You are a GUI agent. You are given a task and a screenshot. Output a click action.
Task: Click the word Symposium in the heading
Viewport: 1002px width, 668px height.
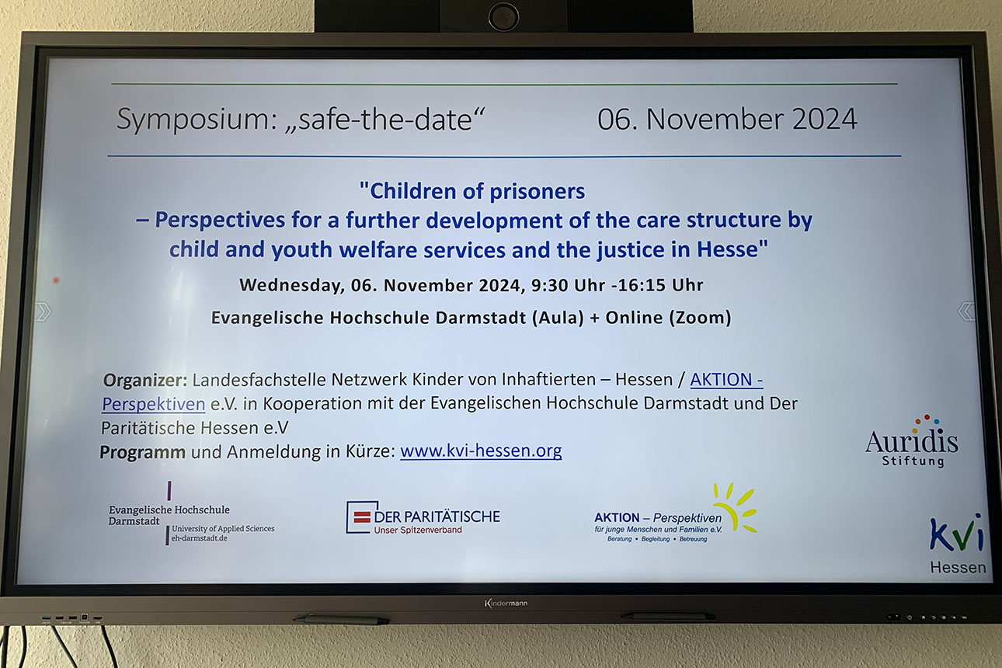click(x=197, y=120)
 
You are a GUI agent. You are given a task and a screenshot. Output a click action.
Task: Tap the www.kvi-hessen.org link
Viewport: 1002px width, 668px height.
click(x=481, y=451)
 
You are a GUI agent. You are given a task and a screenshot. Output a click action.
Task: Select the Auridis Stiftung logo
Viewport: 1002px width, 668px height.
click(x=912, y=441)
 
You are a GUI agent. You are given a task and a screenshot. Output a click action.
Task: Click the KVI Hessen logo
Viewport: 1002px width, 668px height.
click(x=958, y=544)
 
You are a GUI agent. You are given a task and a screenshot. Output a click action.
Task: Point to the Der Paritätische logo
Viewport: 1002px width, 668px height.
click(x=423, y=517)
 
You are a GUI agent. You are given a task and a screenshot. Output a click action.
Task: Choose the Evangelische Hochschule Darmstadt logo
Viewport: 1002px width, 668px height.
click(x=191, y=513)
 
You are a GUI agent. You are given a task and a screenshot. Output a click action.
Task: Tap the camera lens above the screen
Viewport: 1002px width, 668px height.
click(x=503, y=17)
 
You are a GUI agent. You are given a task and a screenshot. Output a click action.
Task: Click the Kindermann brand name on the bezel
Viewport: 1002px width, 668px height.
click(x=506, y=603)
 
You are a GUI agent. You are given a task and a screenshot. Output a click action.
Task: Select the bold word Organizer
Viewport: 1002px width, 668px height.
click(x=145, y=381)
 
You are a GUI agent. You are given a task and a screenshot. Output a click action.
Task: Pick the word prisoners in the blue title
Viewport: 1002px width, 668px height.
click(x=538, y=192)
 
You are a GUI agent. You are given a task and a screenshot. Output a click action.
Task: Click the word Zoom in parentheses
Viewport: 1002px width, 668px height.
click(x=700, y=318)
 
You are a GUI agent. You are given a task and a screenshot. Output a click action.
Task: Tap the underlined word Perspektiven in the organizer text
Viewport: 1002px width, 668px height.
click(x=154, y=405)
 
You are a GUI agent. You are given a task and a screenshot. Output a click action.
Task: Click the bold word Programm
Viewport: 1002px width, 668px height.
click(x=142, y=452)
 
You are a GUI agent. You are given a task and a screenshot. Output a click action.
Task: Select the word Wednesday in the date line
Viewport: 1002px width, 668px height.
click(x=292, y=286)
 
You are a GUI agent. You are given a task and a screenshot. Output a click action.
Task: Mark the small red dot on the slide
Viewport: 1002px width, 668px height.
click(x=56, y=280)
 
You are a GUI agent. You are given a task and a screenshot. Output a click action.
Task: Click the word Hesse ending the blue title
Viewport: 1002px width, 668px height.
click(x=732, y=249)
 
